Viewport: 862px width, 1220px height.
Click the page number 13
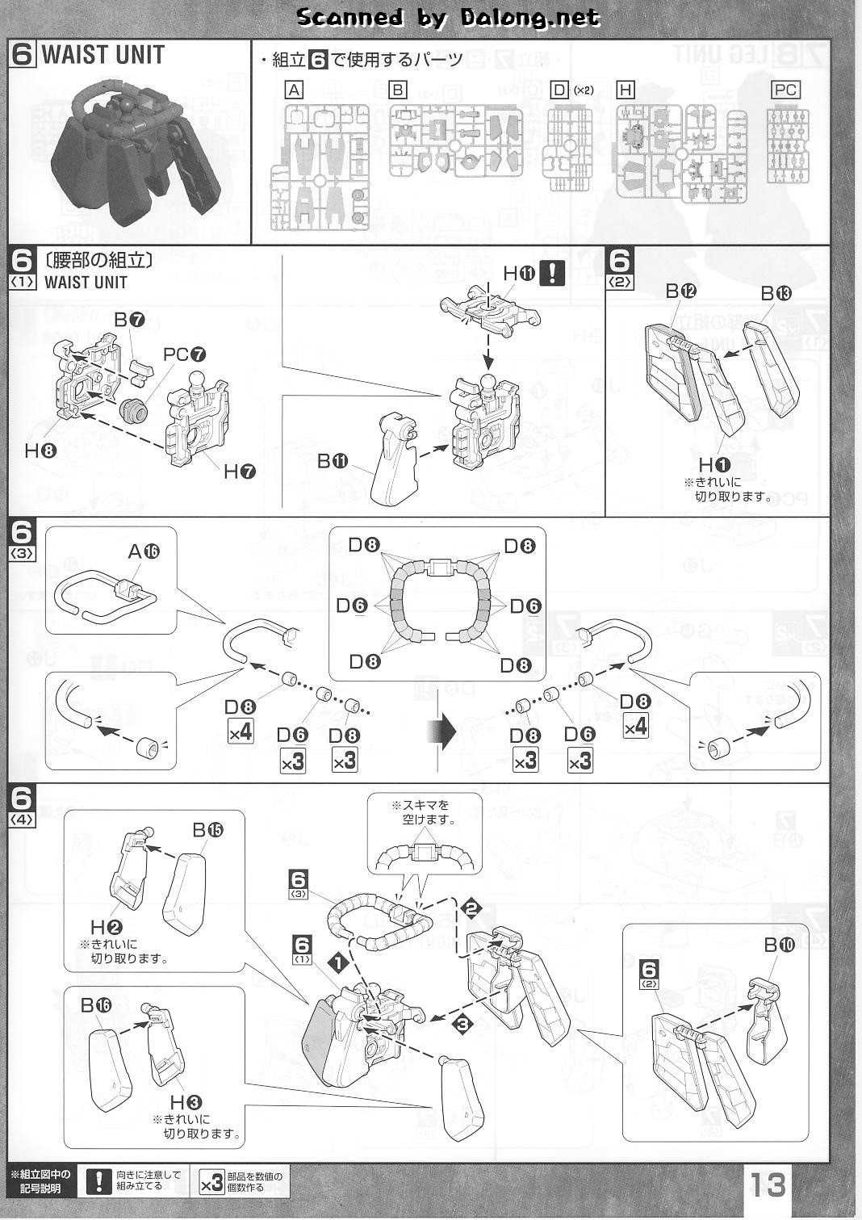pyautogui.click(x=768, y=1184)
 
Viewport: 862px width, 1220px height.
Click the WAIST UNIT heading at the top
pyautogui.click(x=103, y=56)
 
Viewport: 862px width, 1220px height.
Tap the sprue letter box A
pyautogui.click(x=295, y=90)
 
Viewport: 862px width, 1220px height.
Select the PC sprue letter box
pyautogui.click(x=785, y=90)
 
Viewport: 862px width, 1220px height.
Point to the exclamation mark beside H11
pyautogui.click(x=551, y=273)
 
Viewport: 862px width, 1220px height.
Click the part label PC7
pyautogui.click(x=184, y=354)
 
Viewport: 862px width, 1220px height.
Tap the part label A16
pyautogui.click(x=144, y=551)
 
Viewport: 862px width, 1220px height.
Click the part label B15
pyautogui.click(x=207, y=829)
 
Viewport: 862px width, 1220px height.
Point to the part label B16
pyautogui.click(x=96, y=1005)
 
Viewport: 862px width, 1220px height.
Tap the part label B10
pyautogui.click(x=779, y=945)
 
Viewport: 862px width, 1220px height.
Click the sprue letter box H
pyautogui.click(x=625, y=90)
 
